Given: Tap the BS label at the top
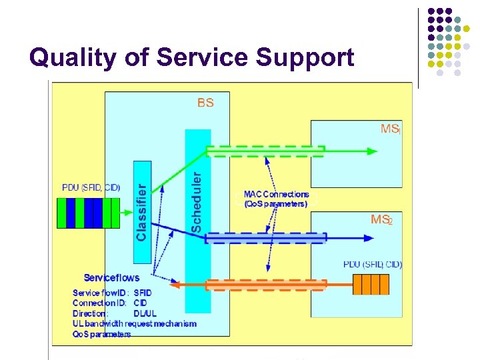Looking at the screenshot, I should [x=205, y=103].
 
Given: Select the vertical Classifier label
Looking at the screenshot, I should [x=141, y=203].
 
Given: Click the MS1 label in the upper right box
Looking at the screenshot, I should [x=391, y=129].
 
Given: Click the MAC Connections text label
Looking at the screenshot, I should [x=276, y=195].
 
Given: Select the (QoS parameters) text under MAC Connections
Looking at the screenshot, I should [x=276, y=204].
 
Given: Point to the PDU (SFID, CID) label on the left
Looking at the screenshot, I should [x=91, y=187].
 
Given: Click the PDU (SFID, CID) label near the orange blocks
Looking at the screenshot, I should [x=373, y=265].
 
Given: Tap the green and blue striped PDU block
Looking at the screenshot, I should [x=90, y=213].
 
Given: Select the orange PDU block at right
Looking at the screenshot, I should [x=370, y=284].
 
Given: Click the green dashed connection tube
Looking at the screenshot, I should [x=265, y=151].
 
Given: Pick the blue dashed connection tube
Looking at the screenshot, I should [x=265, y=237].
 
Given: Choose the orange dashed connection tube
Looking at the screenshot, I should [x=265, y=285].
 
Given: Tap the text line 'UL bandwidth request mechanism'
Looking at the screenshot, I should [x=135, y=323].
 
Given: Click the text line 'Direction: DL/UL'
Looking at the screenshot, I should [x=113, y=313].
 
